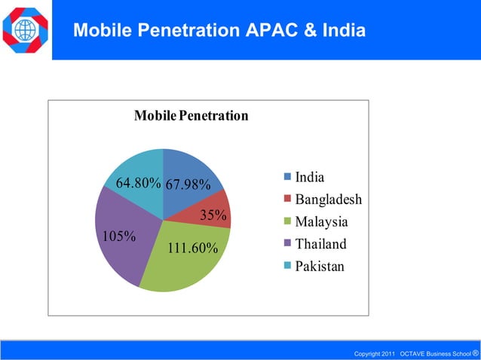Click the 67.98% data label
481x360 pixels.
[x=188, y=185]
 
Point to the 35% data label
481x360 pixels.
[x=213, y=215]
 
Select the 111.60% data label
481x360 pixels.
[x=192, y=248]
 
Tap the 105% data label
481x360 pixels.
[x=118, y=236]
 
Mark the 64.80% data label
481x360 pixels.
[x=138, y=183]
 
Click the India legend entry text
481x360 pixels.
[x=310, y=178]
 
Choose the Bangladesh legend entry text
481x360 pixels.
[x=328, y=200]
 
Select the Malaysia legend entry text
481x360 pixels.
[x=321, y=222]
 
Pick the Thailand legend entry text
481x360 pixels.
[x=320, y=244]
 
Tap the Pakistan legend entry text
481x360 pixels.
[x=319, y=266]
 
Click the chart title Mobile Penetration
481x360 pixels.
[x=191, y=117]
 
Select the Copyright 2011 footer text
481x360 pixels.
[x=375, y=353]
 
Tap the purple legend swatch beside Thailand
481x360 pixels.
[x=287, y=244]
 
